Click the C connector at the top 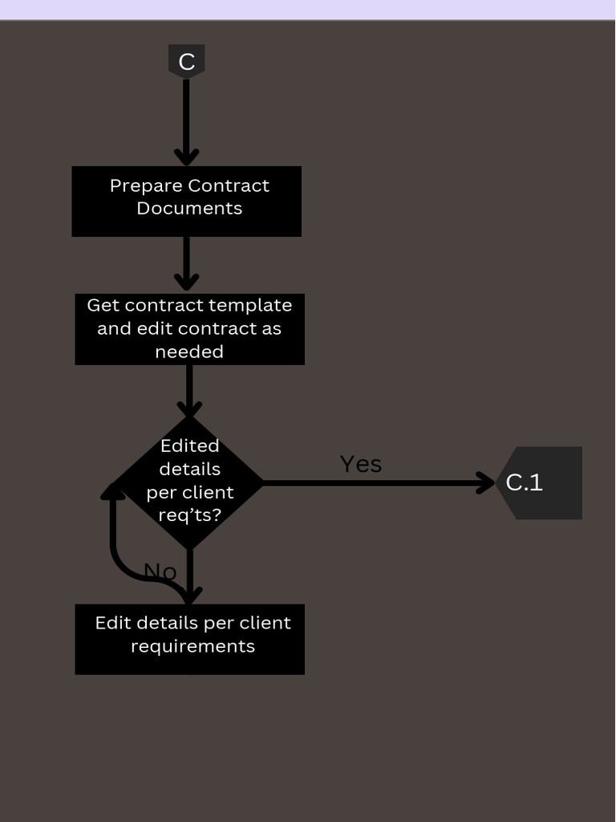[x=186, y=61]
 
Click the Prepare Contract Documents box [x=186, y=201]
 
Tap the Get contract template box [x=189, y=329]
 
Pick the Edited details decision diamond [x=189, y=482]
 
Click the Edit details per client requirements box [x=189, y=639]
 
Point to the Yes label [x=361, y=464]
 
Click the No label [x=160, y=572]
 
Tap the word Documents [x=189, y=209]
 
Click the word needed [x=189, y=352]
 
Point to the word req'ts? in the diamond [x=189, y=515]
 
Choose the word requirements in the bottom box [x=192, y=646]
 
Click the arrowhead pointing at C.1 [x=487, y=482]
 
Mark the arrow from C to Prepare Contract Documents [x=186, y=120]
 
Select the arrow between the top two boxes [x=186, y=263]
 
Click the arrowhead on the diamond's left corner [x=113, y=491]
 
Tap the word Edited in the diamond [x=189, y=446]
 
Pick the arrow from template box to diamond [x=189, y=390]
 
